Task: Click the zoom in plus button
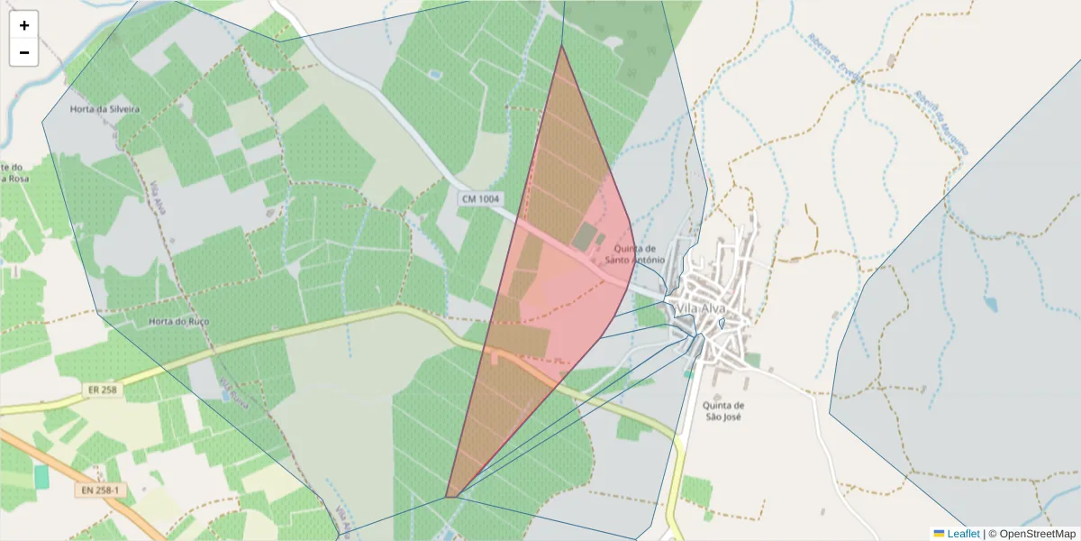pyautogui.click(x=24, y=25)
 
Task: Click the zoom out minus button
pyautogui.click(x=24, y=52)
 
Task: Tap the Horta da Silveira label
pyautogui.click(x=104, y=109)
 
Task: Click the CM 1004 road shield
pyautogui.click(x=479, y=198)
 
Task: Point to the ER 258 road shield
pyautogui.click(x=104, y=390)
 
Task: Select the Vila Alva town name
pyautogui.click(x=700, y=309)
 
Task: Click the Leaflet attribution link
pyautogui.click(x=963, y=534)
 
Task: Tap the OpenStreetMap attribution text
pyautogui.click(x=1032, y=534)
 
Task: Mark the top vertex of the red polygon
pyautogui.click(x=561, y=46)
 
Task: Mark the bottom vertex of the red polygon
pyautogui.click(x=447, y=497)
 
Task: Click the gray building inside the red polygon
pyautogui.click(x=585, y=238)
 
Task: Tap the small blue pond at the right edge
pyautogui.click(x=991, y=305)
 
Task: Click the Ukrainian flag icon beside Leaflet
pyautogui.click(x=939, y=534)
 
